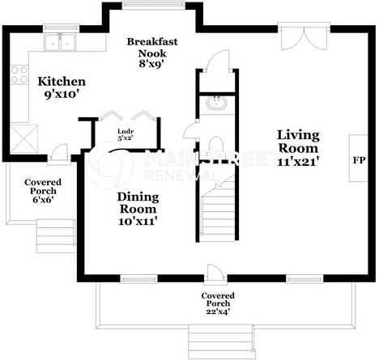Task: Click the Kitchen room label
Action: point(62,82)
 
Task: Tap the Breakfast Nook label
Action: point(152,48)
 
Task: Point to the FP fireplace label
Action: point(360,160)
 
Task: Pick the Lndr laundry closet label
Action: point(126,132)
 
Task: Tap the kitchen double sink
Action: point(60,42)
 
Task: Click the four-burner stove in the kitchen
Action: point(19,74)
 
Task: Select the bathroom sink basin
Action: point(216,103)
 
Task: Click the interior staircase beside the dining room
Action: point(218,210)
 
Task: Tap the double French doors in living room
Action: point(304,38)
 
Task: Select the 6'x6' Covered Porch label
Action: point(43,191)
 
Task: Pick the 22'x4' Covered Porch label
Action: point(218,303)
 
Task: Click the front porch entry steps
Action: point(221,341)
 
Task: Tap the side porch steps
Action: point(56,236)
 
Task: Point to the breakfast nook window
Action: point(154,5)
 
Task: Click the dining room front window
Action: point(138,279)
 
